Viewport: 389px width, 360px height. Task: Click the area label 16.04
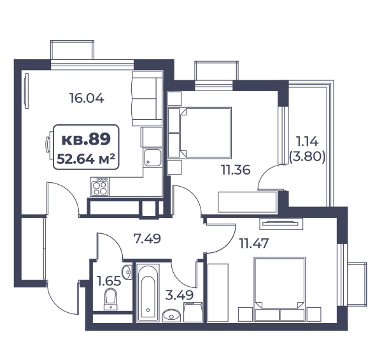pos(87,98)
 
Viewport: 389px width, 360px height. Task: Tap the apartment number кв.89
pos(86,140)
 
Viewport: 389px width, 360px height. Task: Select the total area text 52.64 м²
pos(86,159)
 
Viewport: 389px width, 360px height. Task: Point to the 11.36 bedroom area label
pos(236,170)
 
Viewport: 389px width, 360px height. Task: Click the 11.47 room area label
pos(254,243)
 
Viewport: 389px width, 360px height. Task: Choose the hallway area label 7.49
pos(147,239)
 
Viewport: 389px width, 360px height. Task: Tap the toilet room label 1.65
pos(109,281)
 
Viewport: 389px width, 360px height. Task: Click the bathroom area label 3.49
pos(180,295)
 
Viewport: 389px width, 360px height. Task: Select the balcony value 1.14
pos(307,141)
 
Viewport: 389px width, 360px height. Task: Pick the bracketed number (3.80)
pos(307,157)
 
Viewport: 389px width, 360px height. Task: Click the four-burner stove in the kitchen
pos(99,187)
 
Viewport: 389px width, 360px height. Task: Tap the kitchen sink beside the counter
pos(152,157)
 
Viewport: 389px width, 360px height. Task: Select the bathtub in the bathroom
pos(148,293)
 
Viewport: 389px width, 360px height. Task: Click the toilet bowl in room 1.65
pos(110,299)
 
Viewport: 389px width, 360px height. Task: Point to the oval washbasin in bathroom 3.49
pos(171,315)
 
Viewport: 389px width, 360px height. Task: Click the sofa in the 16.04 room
pos(147,98)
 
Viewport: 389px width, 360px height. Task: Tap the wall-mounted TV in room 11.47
pos(281,224)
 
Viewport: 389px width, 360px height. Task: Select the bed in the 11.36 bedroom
pos(206,133)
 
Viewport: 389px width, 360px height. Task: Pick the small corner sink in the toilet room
pos(127,272)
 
